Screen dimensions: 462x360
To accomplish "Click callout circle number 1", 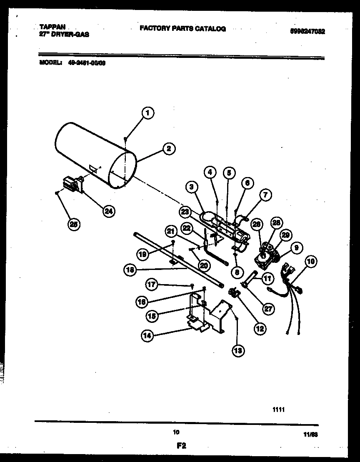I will pyautogui.click(x=147, y=112).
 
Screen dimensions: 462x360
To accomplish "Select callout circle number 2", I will pyautogui.click(x=168, y=148).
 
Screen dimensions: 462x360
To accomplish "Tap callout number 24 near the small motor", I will pyautogui.click(x=108, y=211).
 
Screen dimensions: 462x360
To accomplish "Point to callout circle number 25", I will pyautogui.click(x=74, y=224).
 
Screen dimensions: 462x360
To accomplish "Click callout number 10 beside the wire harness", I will pyautogui.click(x=311, y=262).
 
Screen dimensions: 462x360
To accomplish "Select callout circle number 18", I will pyautogui.click(x=130, y=270).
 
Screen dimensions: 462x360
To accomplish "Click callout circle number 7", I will pyautogui.click(x=265, y=194).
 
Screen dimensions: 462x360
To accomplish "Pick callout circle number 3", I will pyautogui.click(x=191, y=187).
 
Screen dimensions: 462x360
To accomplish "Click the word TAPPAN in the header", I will pyautogui.click(x=49, y=26).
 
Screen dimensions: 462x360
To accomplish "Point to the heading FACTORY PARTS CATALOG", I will pyautogui.click(x=182, y=29).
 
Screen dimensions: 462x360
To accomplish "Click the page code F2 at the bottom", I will pyautogui.click(x=180, y=445).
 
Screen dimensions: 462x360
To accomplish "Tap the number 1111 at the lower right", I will pyautogui.click(x=278, y=410).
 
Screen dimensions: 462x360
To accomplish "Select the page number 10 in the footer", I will pyautogui.click(x=176, y=432).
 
